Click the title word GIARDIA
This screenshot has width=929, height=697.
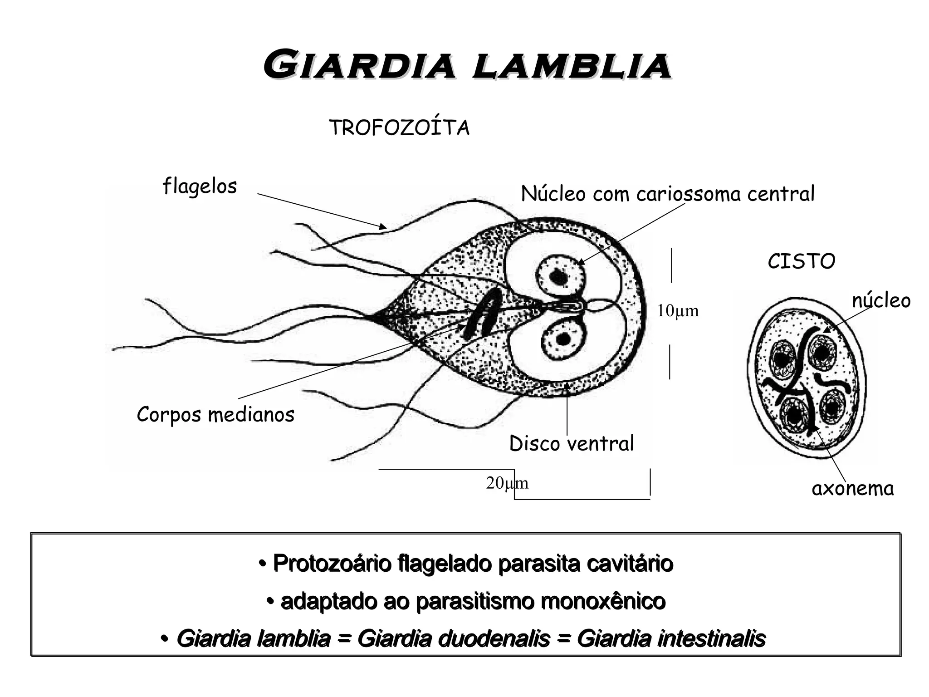(x=359, y=66)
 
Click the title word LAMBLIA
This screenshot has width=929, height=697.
(x=571, y=66)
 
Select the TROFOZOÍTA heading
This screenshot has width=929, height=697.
(x=399, y=128)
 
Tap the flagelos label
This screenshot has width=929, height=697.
(x=200, y=186)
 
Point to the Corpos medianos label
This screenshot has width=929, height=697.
(x=215, y=414)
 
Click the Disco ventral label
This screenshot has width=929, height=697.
(x=572, y=443)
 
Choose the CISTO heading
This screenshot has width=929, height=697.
(x=801, y=261)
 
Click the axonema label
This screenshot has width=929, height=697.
(x=852, y=489)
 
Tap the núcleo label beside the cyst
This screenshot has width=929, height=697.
(x=881, y=300)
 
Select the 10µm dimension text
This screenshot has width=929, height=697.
(x=678, y=311)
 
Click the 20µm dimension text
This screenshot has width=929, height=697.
(x=507, y=484)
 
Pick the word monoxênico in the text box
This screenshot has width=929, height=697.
(x=603, y=602)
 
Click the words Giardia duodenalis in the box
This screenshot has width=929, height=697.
(x=454, y=639)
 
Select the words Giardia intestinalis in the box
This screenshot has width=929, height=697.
(x=671, y=639)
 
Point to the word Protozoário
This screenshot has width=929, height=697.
(x=332, y=564)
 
